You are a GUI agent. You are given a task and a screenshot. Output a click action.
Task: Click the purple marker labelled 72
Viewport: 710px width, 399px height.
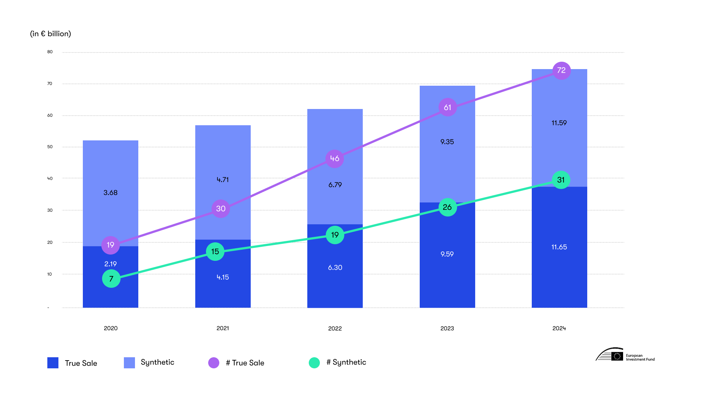click(x=561, y=71)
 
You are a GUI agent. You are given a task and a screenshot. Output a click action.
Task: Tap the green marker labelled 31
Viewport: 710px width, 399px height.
click(x=561, y=180)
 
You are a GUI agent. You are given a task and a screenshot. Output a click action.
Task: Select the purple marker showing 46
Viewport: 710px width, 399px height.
click(x=335, y=158)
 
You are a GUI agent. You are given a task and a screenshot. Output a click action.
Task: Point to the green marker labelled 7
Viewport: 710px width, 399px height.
click(x=111, y=279)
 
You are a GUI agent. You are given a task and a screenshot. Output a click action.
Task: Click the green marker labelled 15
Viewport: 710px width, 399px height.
click(x=215, y=252)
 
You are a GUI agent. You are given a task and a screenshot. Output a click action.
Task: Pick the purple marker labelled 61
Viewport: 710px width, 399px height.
click(x=447, y=108)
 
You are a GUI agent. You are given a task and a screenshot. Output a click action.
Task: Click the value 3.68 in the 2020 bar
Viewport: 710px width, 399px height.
click(x=111, y=192)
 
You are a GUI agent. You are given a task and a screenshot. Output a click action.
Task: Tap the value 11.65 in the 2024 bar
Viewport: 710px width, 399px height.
click(x=559, y=247)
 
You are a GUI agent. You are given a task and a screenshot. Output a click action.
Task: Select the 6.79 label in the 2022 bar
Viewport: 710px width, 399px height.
click(x=335, y=185)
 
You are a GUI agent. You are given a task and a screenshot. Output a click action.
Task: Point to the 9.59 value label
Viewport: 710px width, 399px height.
click(x=447, y=254)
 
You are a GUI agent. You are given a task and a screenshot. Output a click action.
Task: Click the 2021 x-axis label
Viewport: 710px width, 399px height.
click(x=223, y=328)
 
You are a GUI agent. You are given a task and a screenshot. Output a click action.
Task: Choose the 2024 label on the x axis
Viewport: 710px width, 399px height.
click(x=559, y=328)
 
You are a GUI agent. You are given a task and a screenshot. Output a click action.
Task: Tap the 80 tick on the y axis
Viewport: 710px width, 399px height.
click(x=50, y=52)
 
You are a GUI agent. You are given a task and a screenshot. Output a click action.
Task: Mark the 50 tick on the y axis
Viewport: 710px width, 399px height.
click(x=50, y=147)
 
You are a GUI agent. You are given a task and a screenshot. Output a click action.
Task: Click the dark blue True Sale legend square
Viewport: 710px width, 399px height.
click(x=53, y=363)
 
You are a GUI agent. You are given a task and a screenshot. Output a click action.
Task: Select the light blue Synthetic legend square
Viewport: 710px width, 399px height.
click(x=129, y=363)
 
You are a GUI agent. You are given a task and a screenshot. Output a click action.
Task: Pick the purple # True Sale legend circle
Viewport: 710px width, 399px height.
click(x=214, y=363)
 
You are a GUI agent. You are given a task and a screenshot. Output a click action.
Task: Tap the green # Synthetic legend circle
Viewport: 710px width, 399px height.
click(x=314, y=363)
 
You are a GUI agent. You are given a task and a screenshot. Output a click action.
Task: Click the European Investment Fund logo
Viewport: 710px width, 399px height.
click(x=625, y=355)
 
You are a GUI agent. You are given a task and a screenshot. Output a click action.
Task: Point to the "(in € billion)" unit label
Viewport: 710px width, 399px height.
click(x=50, y=34)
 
